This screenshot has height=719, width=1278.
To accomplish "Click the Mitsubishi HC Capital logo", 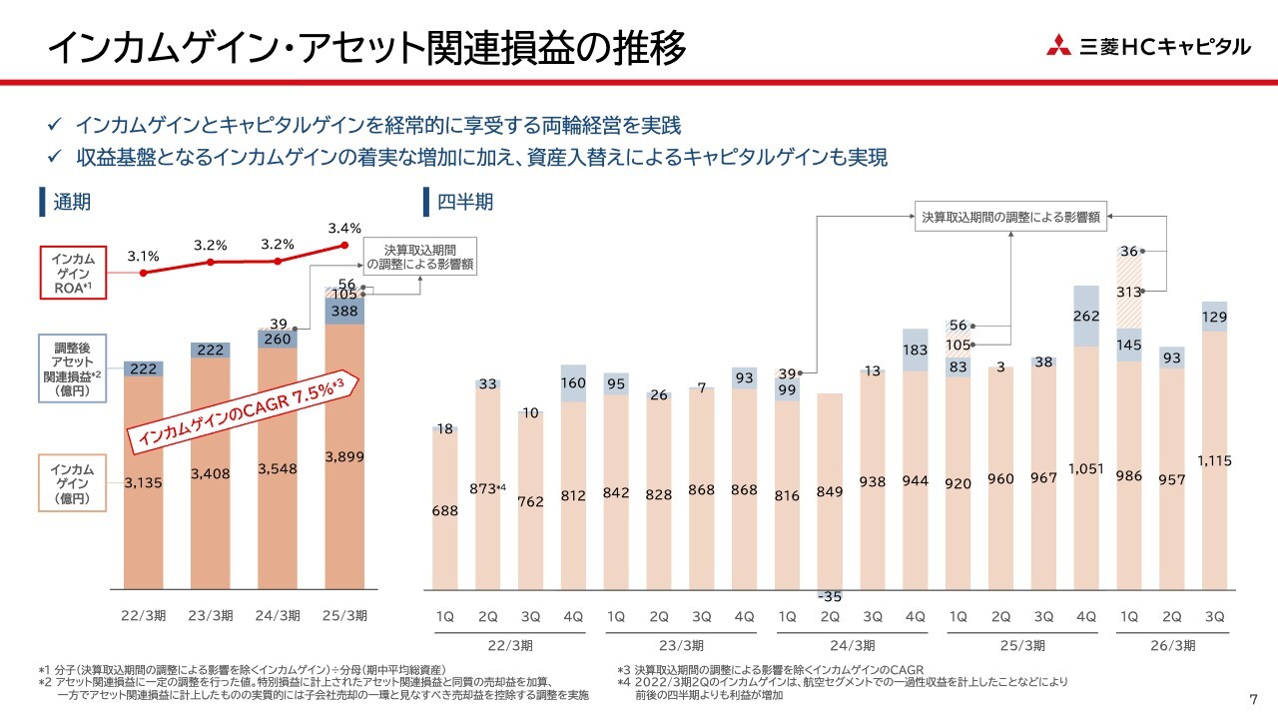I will point(1147,46).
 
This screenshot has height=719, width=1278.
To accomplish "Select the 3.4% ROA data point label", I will point(344,229).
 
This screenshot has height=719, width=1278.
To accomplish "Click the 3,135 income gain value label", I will point(144,482).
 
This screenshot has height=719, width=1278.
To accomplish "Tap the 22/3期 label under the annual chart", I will point(143,615).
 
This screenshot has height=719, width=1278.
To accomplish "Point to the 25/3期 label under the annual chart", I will point(344,615).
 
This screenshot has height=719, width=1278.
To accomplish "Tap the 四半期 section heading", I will point(464,203).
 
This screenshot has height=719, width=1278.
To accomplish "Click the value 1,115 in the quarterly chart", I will point(1213,460).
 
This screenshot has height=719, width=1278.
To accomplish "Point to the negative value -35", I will point(829,596).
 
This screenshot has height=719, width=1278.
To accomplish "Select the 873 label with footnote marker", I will point(489,488).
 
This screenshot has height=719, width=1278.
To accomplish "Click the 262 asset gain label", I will point(1085,316).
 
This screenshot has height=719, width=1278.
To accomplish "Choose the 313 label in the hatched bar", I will point(1128,291).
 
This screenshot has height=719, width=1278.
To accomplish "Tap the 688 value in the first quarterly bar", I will point(445,510).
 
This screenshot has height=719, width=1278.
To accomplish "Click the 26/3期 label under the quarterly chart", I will point(1171,645).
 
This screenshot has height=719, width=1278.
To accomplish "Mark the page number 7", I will point(1253,697).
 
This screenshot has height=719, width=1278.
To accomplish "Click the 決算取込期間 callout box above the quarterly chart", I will point(1011,215).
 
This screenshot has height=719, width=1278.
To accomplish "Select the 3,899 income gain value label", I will point(344,456).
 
